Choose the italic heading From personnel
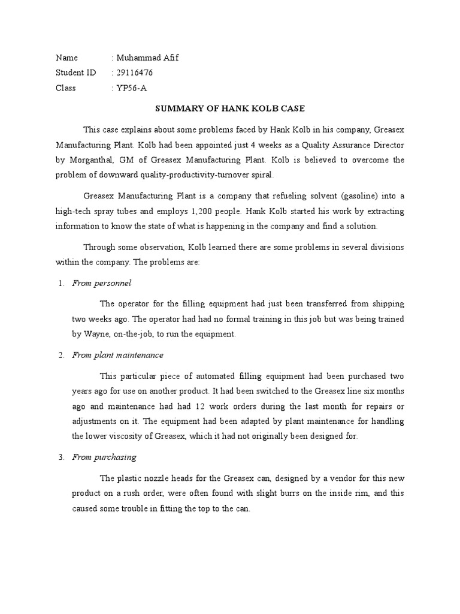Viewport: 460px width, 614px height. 101,283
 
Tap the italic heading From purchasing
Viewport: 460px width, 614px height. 104,458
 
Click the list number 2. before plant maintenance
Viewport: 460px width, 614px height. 62,355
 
